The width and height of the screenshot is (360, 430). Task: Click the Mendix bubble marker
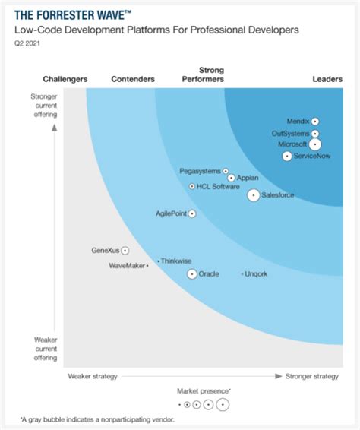[314, 122]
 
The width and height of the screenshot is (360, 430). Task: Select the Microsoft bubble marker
[315, 144]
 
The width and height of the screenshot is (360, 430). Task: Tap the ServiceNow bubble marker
[287, 157]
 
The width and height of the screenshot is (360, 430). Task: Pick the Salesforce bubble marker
[253, 195]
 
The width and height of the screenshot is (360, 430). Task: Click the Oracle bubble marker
[192, 273]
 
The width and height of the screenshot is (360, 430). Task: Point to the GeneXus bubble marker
[125, 250]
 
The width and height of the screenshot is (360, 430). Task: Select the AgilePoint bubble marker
[192, 214]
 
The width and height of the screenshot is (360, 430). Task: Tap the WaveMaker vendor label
[127, 266]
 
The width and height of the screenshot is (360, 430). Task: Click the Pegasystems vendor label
[200, 171]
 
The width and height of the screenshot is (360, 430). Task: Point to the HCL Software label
[218, 186]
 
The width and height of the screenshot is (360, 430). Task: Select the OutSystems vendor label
[290, 134]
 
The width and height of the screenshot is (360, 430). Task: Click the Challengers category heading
[65, 79]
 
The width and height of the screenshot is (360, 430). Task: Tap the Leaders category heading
[327, 79]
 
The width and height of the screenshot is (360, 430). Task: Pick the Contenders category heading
[133, 79]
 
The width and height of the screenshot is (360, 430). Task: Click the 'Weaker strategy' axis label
[92, 375]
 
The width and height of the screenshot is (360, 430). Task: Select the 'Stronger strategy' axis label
[311, 375]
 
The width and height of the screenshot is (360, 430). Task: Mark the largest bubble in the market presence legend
[223, 404]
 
